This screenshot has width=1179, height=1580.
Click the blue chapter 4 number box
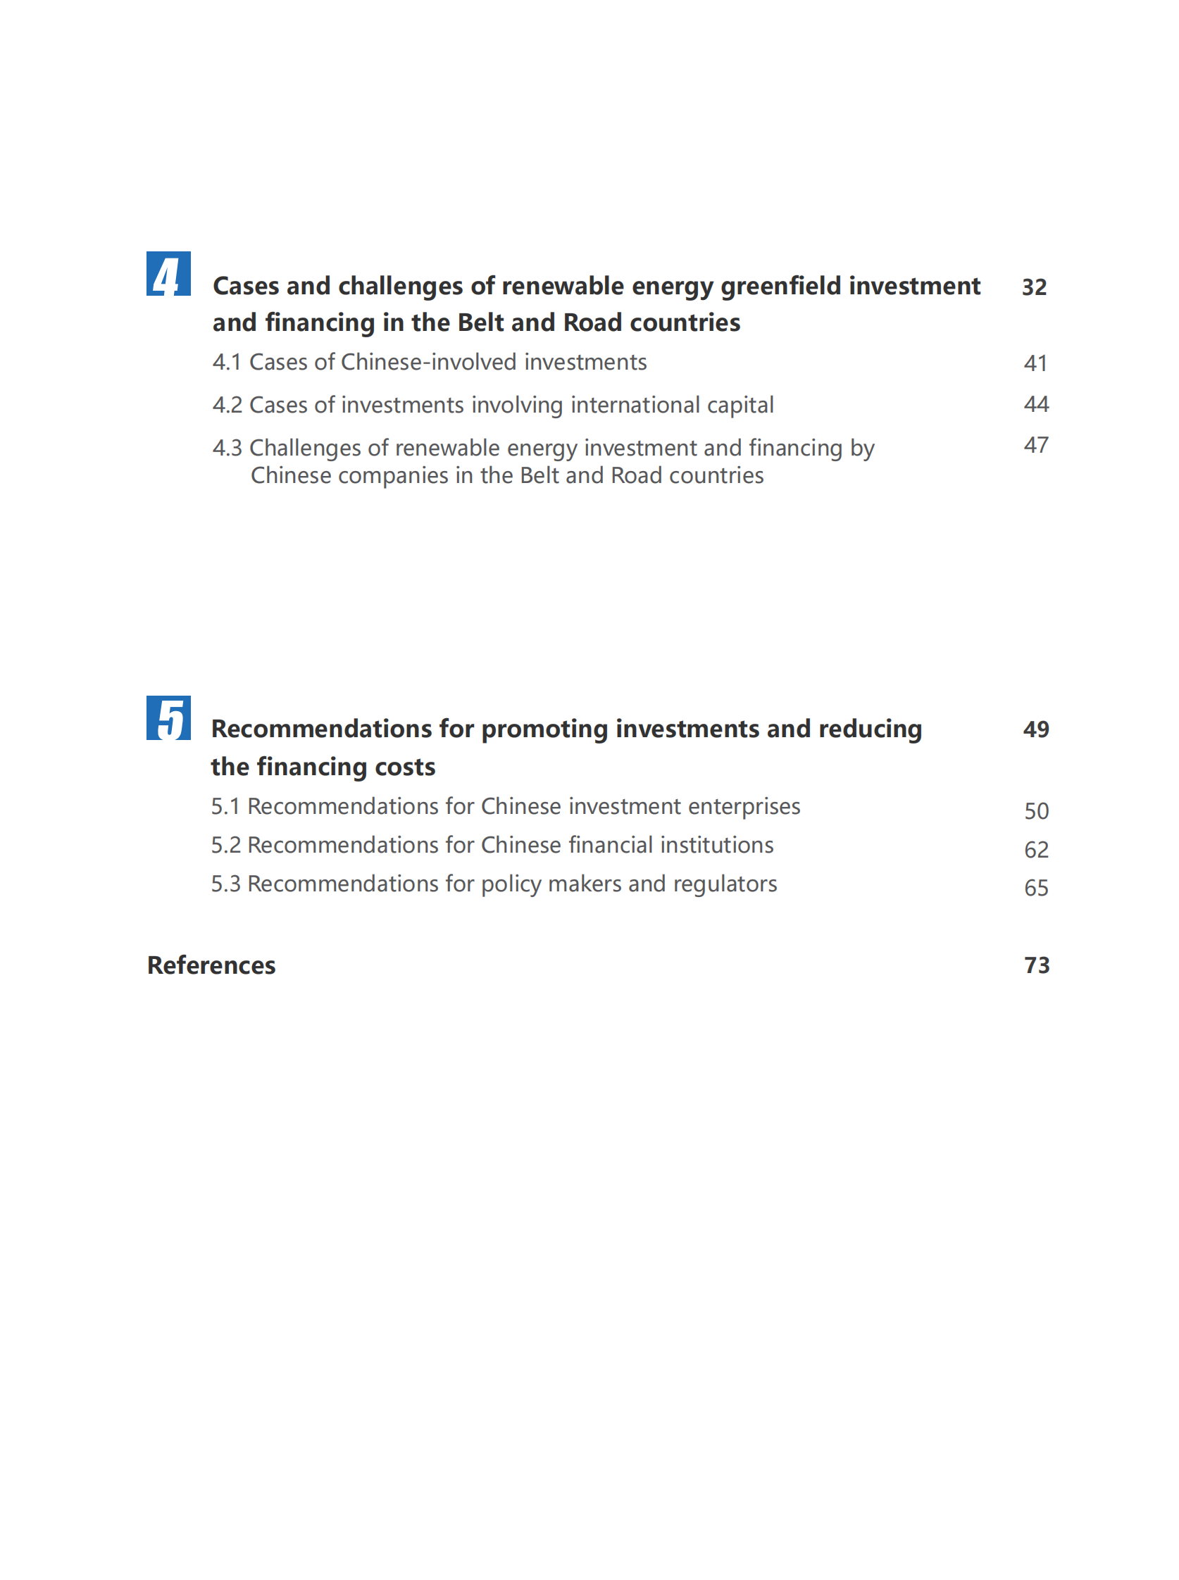pyautogui.click(x=168, y=273)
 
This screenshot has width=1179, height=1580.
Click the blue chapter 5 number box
pyautogui.click(x=168, y=717)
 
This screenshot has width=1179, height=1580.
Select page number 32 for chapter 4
pyautogui.click(x=1034, y=287)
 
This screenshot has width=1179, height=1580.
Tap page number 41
pyautogui.click(x=1035, y=363)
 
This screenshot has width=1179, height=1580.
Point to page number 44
pyautogui.click(x=1036, y=404)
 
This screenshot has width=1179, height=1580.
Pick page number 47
pyautogui.click(x=1036, y=445)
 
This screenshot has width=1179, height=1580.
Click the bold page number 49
pyautogui.click(x=1036, y=729)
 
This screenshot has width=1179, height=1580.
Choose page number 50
pyautogui.click(x=1036, y=811)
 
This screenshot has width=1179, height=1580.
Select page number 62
pyautogui.click(x=1036, y=850)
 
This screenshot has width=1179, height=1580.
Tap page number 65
pyautogui.click(x=1036, y=888)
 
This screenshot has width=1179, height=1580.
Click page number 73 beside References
pyautogui.click(x=1037, y=965)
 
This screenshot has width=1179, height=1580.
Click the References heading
pyautogui.click(x=211, y=965)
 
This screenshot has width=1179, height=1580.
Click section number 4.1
pyautogui.click(x=227, y=363)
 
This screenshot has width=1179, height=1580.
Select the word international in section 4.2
pyautogui.click(x=635, y=405)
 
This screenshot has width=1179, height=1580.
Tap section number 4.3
pyautogui.click(x=227, y=448)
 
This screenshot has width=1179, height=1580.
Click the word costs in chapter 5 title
pyautogui.click(x=406, y=767)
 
